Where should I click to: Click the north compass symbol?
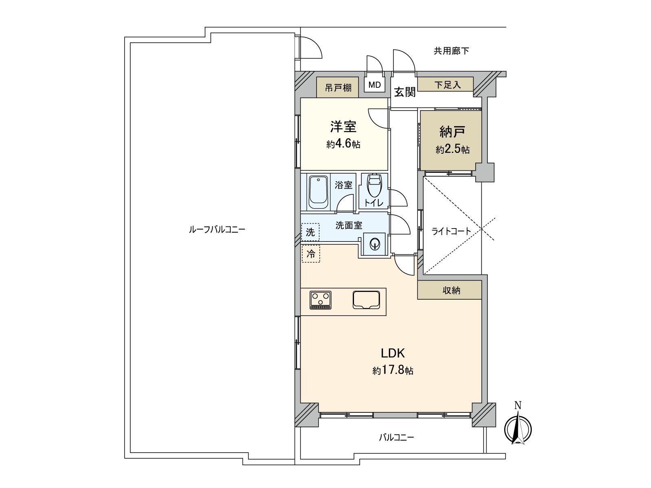point(518,428)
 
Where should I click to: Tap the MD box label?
point(374,85)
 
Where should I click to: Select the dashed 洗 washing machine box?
point(310,232)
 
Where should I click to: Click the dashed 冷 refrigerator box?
point(310,254)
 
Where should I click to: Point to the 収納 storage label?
point(451,290)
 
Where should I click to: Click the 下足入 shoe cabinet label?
point(447,85)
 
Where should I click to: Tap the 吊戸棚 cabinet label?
point(338,88)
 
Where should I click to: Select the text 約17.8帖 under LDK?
point(393,370)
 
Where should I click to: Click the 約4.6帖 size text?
point(343,144)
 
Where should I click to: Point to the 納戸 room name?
point(452,131)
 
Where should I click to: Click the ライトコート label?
point(451,231)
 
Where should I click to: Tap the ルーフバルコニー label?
point(217,229)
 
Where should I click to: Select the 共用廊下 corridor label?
point(451,51)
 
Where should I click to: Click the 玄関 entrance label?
point(404,92)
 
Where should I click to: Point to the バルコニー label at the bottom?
point(396,438)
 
